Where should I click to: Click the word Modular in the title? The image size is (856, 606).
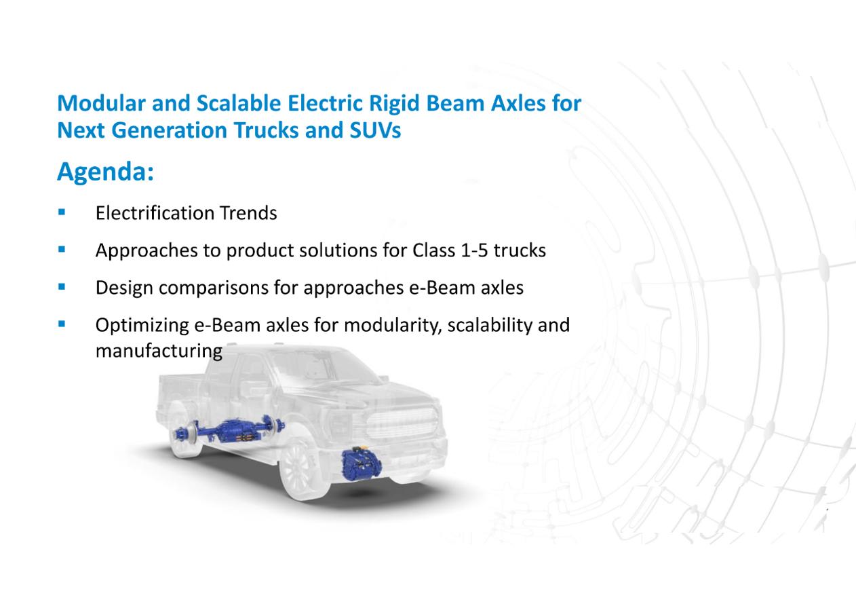[101, 103]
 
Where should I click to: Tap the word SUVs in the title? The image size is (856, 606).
[375, 130]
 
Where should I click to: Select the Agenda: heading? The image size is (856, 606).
[105, 172]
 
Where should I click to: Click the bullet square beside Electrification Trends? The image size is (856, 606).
[62, 212]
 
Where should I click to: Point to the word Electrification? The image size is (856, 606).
[155, 212]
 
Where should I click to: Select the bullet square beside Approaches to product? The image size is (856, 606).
[62, 250]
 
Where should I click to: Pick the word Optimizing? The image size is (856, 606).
[142, 325]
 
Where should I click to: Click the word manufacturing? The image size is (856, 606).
[159, 351]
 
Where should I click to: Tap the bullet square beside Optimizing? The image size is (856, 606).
[62, 324]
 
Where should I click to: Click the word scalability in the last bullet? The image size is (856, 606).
[490, 325]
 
